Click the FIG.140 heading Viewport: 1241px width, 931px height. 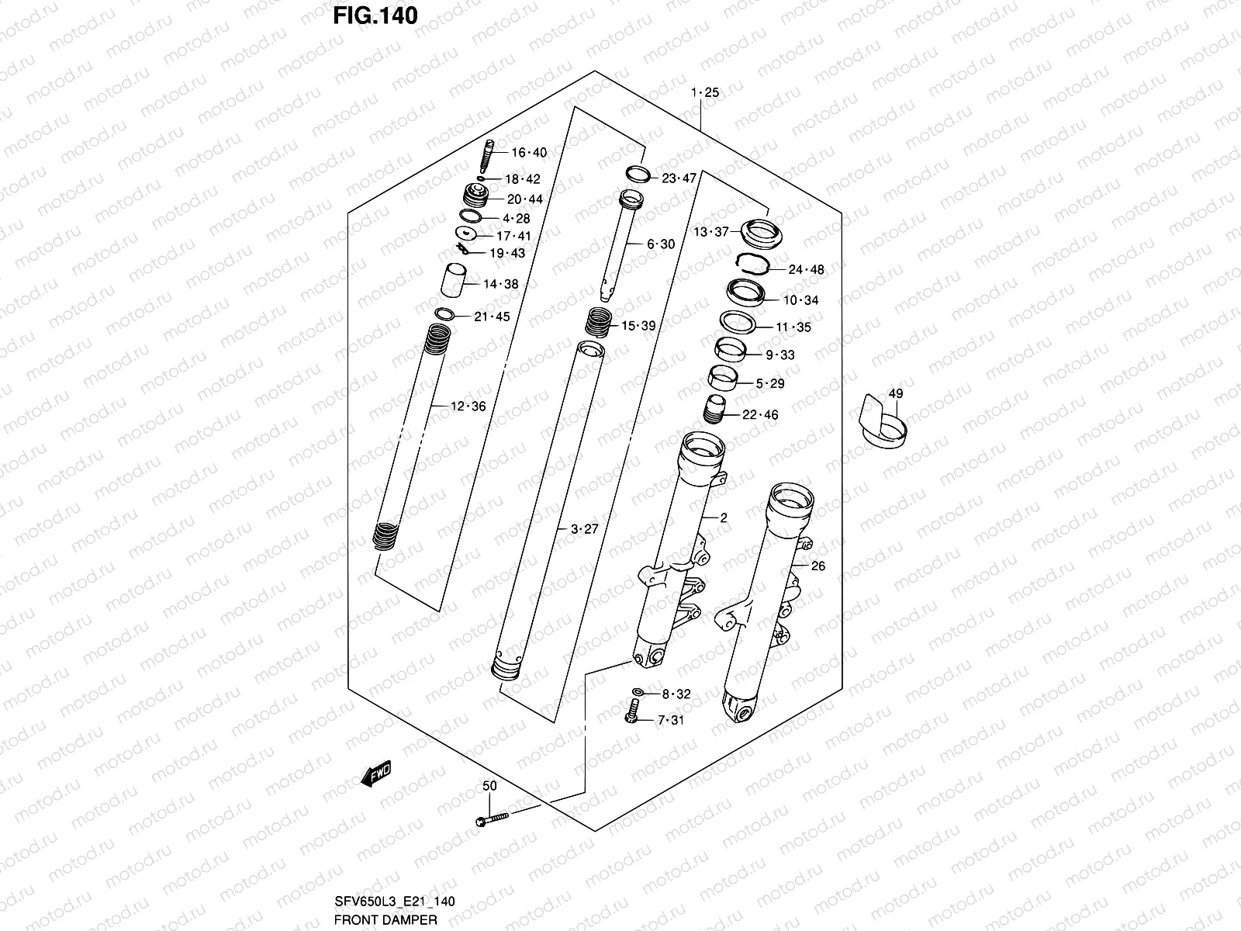pyautogui.click(x=375, y=16)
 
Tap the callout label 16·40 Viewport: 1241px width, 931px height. pyautogui.click(x=528, y=153)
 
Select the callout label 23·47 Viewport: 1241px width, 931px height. pyautogui.click(x=679, y=178)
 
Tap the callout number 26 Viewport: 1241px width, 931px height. pyautogui.click(x=818, y=566)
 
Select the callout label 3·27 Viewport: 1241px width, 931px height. pyautogui.click(x=585, y=530)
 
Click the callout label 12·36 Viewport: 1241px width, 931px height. pyautogui.click(x=468, y=407)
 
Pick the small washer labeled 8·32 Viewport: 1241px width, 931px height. pyautogui.click(x=637, y=692)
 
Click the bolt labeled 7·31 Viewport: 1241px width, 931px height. pyautogui.click(x=631, y=711)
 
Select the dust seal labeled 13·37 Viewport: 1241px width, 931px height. pyautogui.click(x=760, y=234)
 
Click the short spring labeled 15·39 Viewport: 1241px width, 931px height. pyautogui.click(x=598, y=320)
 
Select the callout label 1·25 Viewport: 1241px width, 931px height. pyautogui.click(x=705, y=93)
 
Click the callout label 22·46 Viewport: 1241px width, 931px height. pyautogui.click(x=759, y=415)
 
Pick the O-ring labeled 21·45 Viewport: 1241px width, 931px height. pyautogui.click(x=445, y=314)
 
